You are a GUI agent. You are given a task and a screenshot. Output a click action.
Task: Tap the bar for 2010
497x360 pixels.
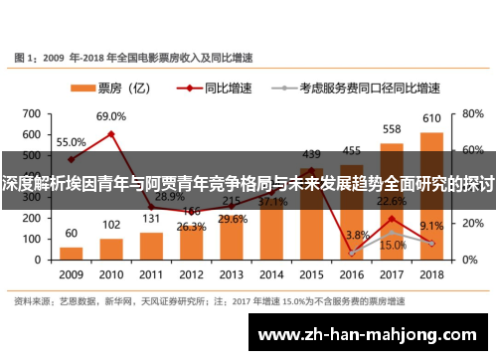[111, 248]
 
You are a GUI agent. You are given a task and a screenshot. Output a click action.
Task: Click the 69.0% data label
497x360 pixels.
[111, 117]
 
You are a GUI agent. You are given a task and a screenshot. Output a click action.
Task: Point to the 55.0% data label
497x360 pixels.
[71, 142]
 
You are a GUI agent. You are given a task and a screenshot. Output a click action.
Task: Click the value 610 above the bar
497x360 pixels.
[431, 119]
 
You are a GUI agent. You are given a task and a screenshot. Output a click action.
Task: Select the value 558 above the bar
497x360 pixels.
[392, 130]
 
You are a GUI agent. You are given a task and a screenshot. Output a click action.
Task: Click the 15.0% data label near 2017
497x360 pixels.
[393, 246]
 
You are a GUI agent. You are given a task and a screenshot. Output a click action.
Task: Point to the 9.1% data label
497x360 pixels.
[431, 226]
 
